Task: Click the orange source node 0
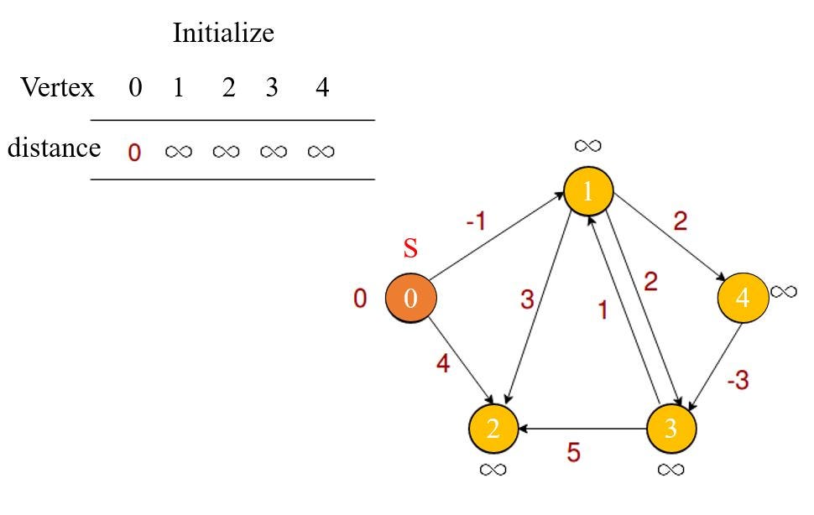click(x=410, y=299)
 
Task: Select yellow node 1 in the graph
click(x=588, y=191)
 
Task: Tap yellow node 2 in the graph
click(x=493, y=428)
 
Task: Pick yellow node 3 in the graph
click(x=671, y=428)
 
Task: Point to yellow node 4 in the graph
click(x=743, y=298)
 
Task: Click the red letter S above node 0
click(x=410, y=249)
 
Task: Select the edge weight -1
click(x=475, y=222)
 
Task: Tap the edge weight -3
click(x=738, y=380)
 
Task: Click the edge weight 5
click(x=573, y=453)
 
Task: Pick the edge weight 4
click(x=442, y=365)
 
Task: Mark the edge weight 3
click(x=527, y=299)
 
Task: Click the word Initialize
click(x=223, y=34)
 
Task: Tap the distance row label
click(x=54, y=148)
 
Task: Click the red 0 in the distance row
click(x=135, y=152)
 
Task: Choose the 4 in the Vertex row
click(x=322, y=87)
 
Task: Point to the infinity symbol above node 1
click(x=587, y=145)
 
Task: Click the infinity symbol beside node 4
click(x=783, y=291)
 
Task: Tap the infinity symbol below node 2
click(x=493, y=469)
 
